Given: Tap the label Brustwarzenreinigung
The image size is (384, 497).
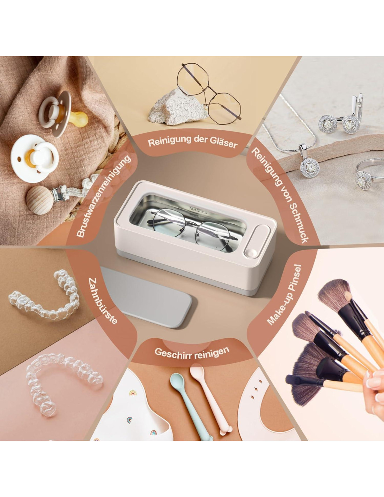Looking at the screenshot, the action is pyautogui.click(x=104, y=196).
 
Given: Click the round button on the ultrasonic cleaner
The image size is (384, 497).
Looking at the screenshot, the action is pyautogui.click(x=251, y=253).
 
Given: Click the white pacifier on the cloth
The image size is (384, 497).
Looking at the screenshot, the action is pyautogui.click(x=34, y=158).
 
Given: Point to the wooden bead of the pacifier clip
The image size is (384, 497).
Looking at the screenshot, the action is pyautogui.click(x=40, y=200).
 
